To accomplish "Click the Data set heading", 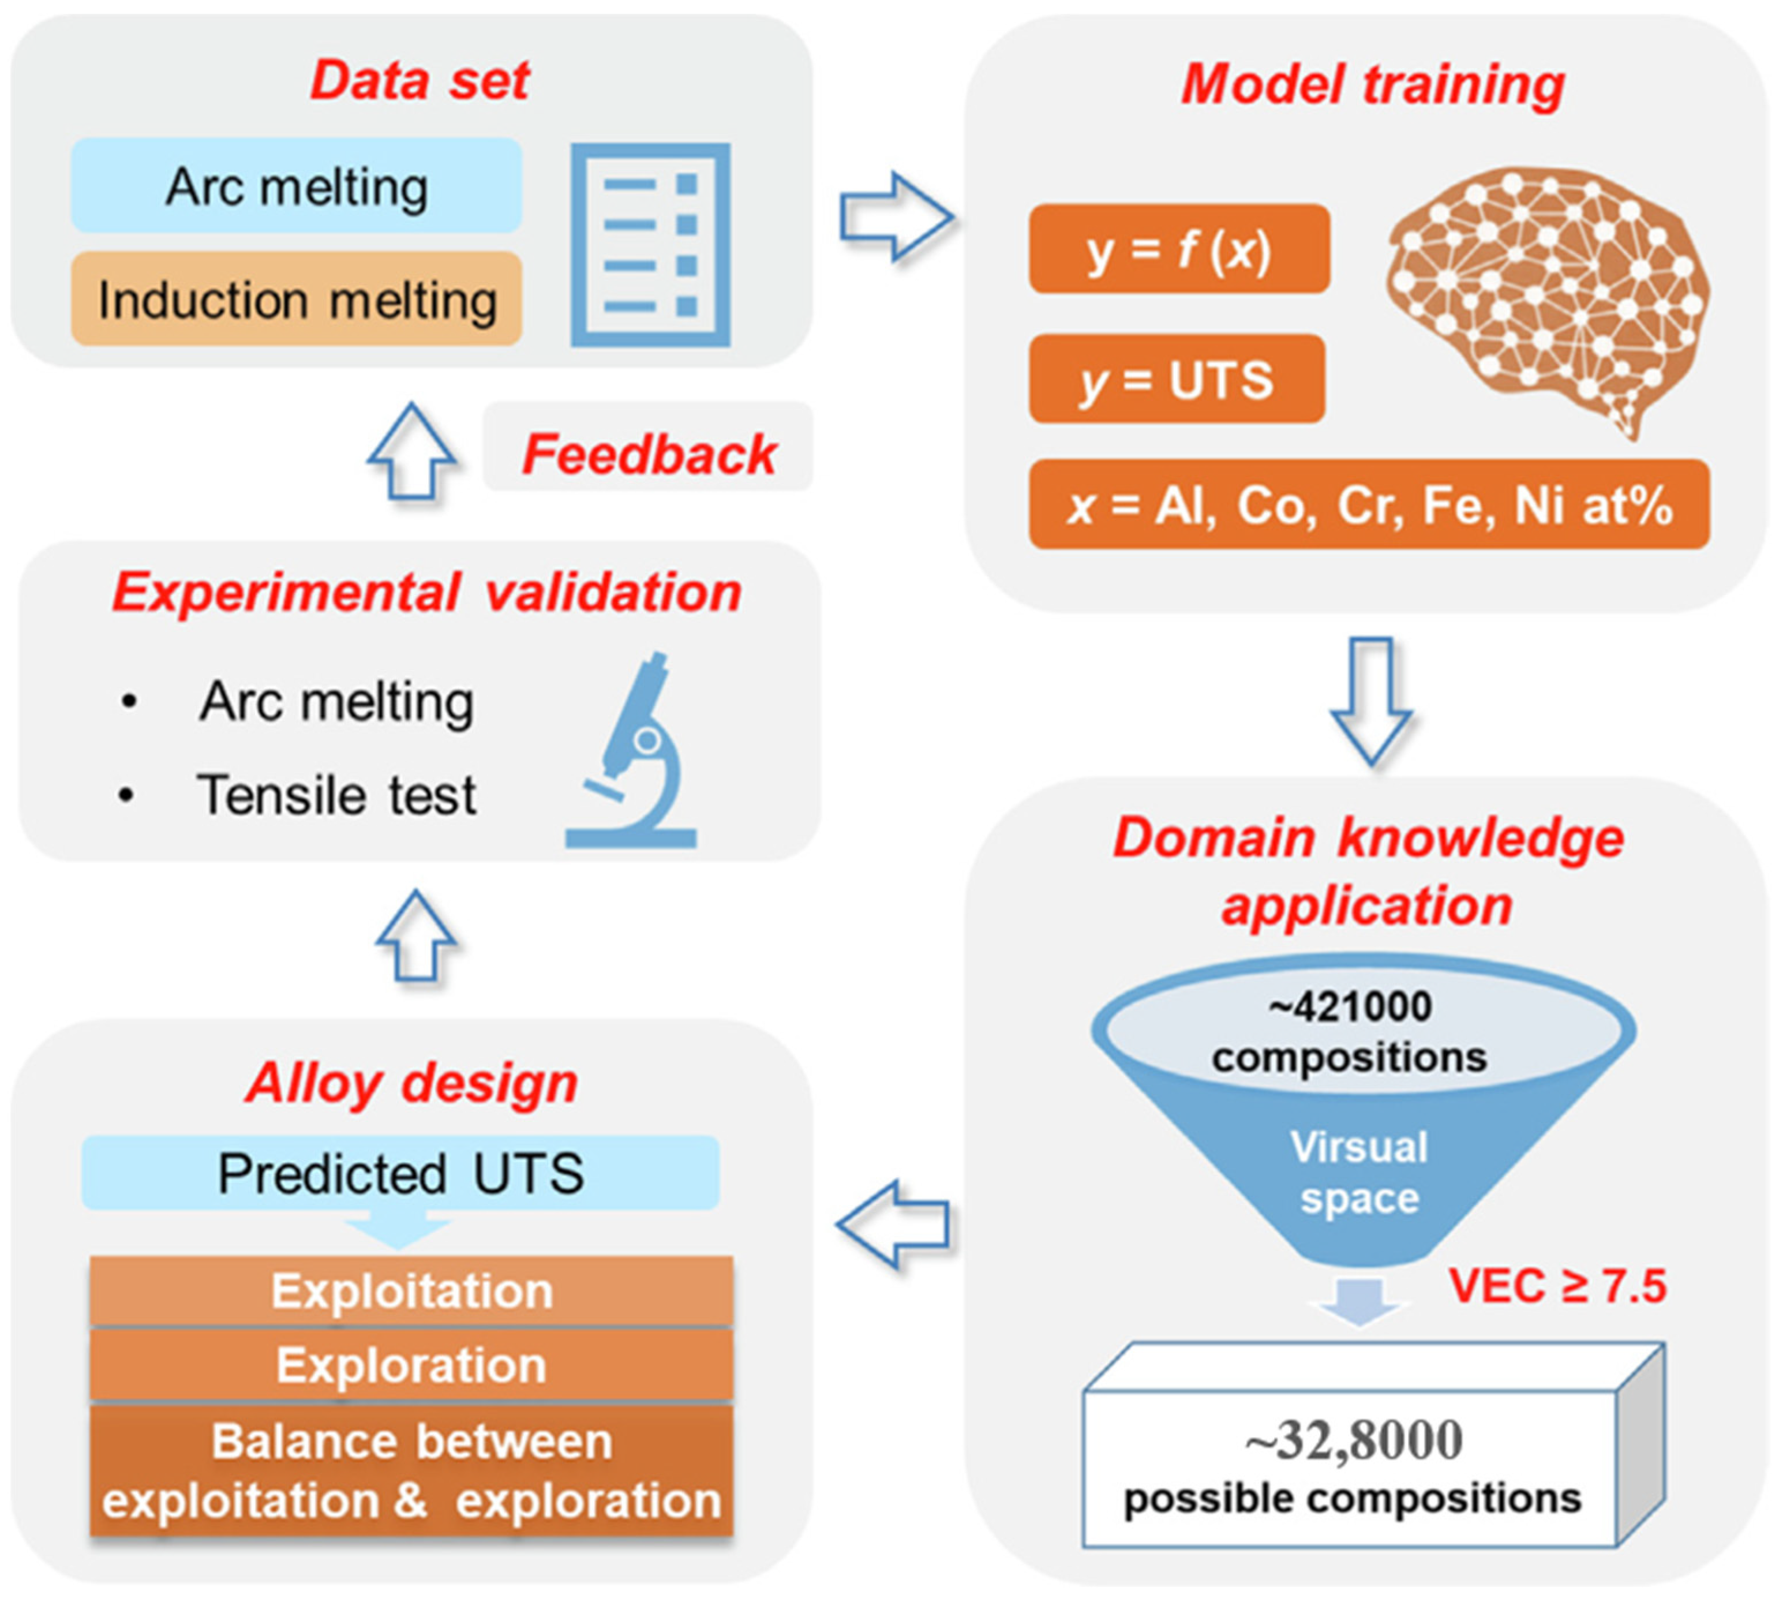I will click(420, 81).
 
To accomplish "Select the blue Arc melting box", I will click(297, 186).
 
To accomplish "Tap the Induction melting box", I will click(297, 300).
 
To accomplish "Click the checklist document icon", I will click(650, 245).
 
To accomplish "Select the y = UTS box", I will click(1177, 379).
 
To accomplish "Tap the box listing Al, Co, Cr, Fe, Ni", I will click(1369, 506).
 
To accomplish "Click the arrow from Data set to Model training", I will click(895, 216).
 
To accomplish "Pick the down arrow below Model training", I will click(1370, 700).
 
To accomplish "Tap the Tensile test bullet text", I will click(336, 795).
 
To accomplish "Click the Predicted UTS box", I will click(400, 1173).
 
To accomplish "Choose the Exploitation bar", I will click(411, 1292).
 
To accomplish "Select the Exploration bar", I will click(411, 1365).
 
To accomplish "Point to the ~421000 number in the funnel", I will click(1351, 1006).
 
